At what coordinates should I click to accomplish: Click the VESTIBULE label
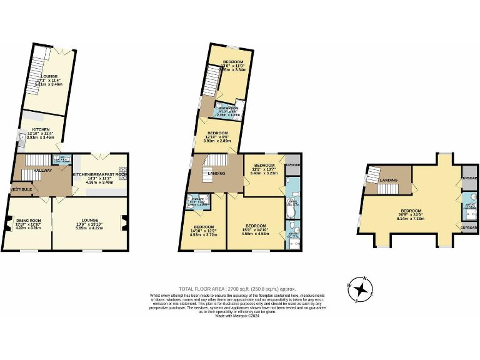pyautogui.click(x=21, y=188)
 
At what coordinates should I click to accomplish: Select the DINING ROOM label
pyautogui.click(x=27, y=220)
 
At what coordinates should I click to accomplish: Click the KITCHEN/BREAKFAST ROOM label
pyautogui.click(x=100, y=174)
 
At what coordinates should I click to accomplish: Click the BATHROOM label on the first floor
pyautogui.click(x=229, y=108)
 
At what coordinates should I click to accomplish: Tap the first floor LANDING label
pyautogui.click(x=217, y=174)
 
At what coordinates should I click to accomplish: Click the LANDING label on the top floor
pyautogui.click(x=390, y=181)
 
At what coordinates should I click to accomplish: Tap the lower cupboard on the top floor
pyautogui.click(x=469, y=228)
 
